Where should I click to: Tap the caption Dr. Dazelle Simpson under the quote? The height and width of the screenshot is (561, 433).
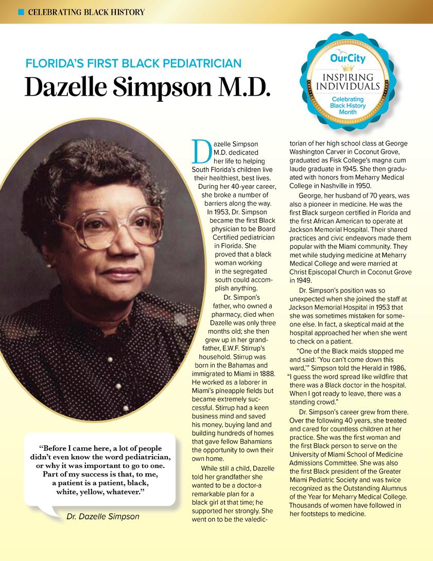(103, 516)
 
